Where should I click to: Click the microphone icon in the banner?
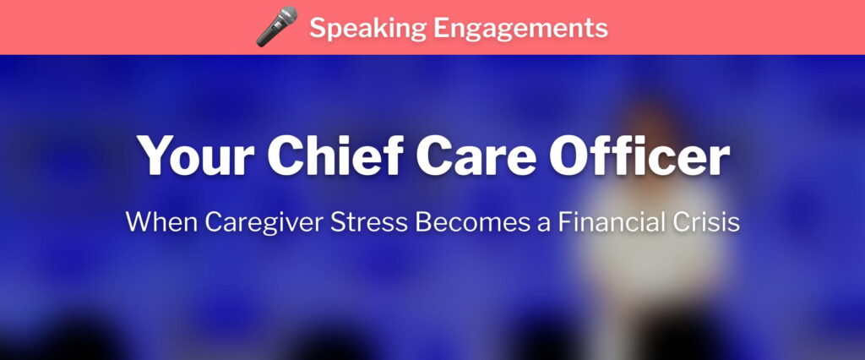click(x=277, y=26)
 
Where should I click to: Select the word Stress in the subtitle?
click(x=369, y=222)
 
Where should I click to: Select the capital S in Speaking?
click(x=318, y=28)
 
